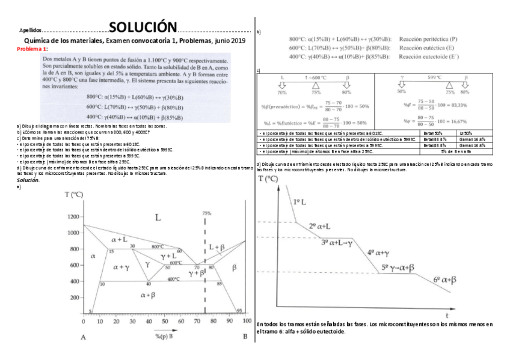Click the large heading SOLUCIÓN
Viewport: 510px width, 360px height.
(143, 27)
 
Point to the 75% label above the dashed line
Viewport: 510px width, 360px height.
(206, 213)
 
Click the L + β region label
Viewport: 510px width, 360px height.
(218, 247)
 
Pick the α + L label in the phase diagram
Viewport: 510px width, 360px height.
(119, 240)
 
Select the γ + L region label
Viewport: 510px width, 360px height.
(169, 256)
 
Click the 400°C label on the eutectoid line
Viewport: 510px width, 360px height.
(173, 279)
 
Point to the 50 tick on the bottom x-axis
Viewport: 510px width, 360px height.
(164, 321)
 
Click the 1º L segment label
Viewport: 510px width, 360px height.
(300, 203)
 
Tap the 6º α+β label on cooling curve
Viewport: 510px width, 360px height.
(444, 279)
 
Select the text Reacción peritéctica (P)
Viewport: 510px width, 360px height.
(428, 38)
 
